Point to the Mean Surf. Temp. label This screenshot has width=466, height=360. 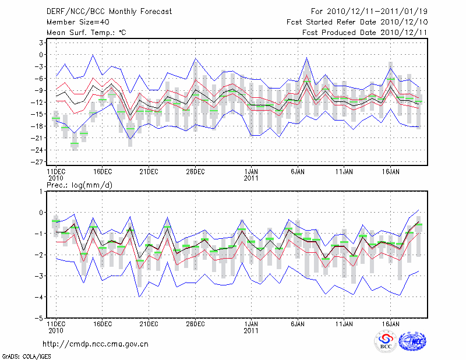[x=86, y=33]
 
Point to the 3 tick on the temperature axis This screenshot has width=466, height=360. [x=42, y=43]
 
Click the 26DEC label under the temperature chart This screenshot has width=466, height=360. [x=195, y=172]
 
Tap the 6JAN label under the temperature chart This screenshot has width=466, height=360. [x=298, y=172]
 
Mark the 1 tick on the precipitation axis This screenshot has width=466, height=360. [x=42, y=191]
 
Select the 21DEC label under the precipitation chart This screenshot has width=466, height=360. [x=149, y=323]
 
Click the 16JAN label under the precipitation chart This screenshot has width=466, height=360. [x=391, y=323]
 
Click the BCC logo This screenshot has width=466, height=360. [x=386, y=342]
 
